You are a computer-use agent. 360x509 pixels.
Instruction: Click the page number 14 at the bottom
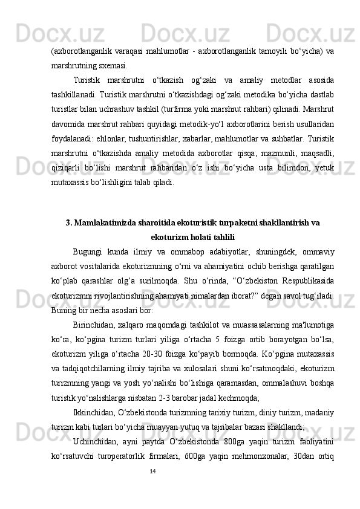pyautogui.click(x=153, y=470)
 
